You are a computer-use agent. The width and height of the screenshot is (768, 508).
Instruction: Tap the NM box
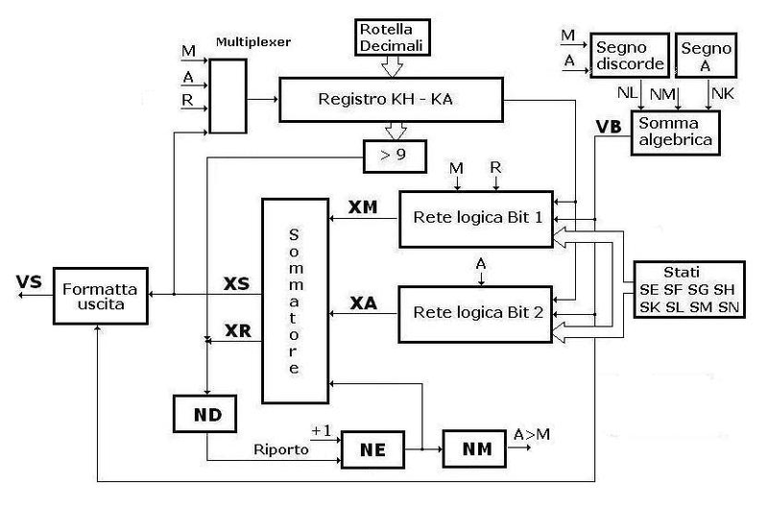(469, 447)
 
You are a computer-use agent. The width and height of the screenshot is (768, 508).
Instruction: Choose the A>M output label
(532, 433)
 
